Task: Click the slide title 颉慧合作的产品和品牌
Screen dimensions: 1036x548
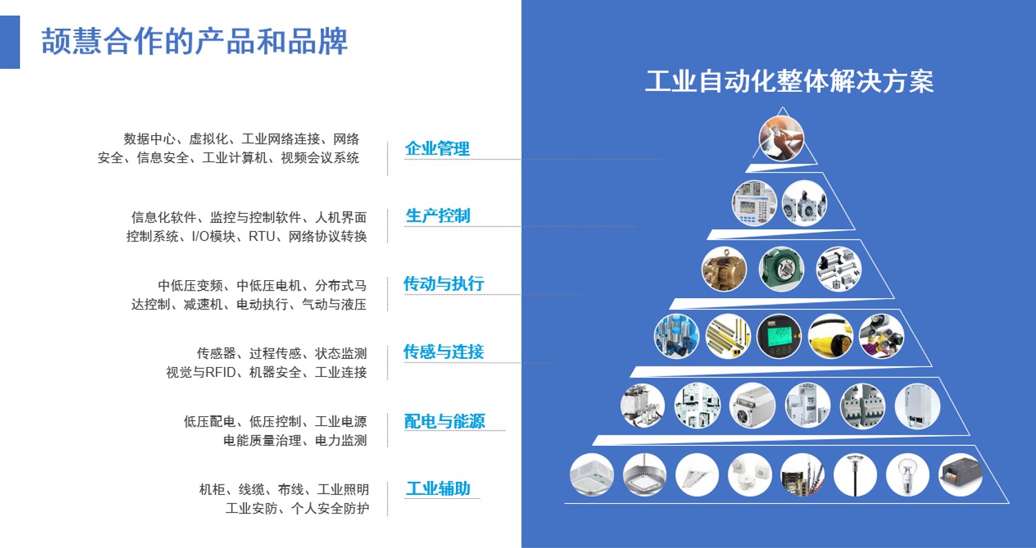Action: point(195,41)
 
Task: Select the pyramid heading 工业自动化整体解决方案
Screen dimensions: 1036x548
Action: point(789,81)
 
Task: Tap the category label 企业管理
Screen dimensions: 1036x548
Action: point(437,148)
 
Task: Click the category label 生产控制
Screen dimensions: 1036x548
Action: point(437,216)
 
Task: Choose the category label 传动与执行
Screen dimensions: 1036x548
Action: point(444,283)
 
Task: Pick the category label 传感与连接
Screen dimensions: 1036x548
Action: point(444,351)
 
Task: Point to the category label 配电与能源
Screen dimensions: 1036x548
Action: point(444,421)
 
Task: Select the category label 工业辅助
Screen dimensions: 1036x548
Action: point(438,488)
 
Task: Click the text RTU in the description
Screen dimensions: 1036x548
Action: point(262,237)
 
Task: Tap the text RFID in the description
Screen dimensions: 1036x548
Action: point(221,372)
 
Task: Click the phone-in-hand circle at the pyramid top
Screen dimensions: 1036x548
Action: point(781,139)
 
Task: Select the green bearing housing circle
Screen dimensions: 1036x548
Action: point(781,269)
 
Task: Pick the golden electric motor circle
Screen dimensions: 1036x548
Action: point(724,269)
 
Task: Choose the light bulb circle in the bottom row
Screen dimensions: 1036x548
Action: point(908,475)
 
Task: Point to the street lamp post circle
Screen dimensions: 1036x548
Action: point(855,475)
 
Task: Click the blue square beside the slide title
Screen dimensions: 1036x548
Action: point(10,42)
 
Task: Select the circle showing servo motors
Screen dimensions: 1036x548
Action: point(804,203)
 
